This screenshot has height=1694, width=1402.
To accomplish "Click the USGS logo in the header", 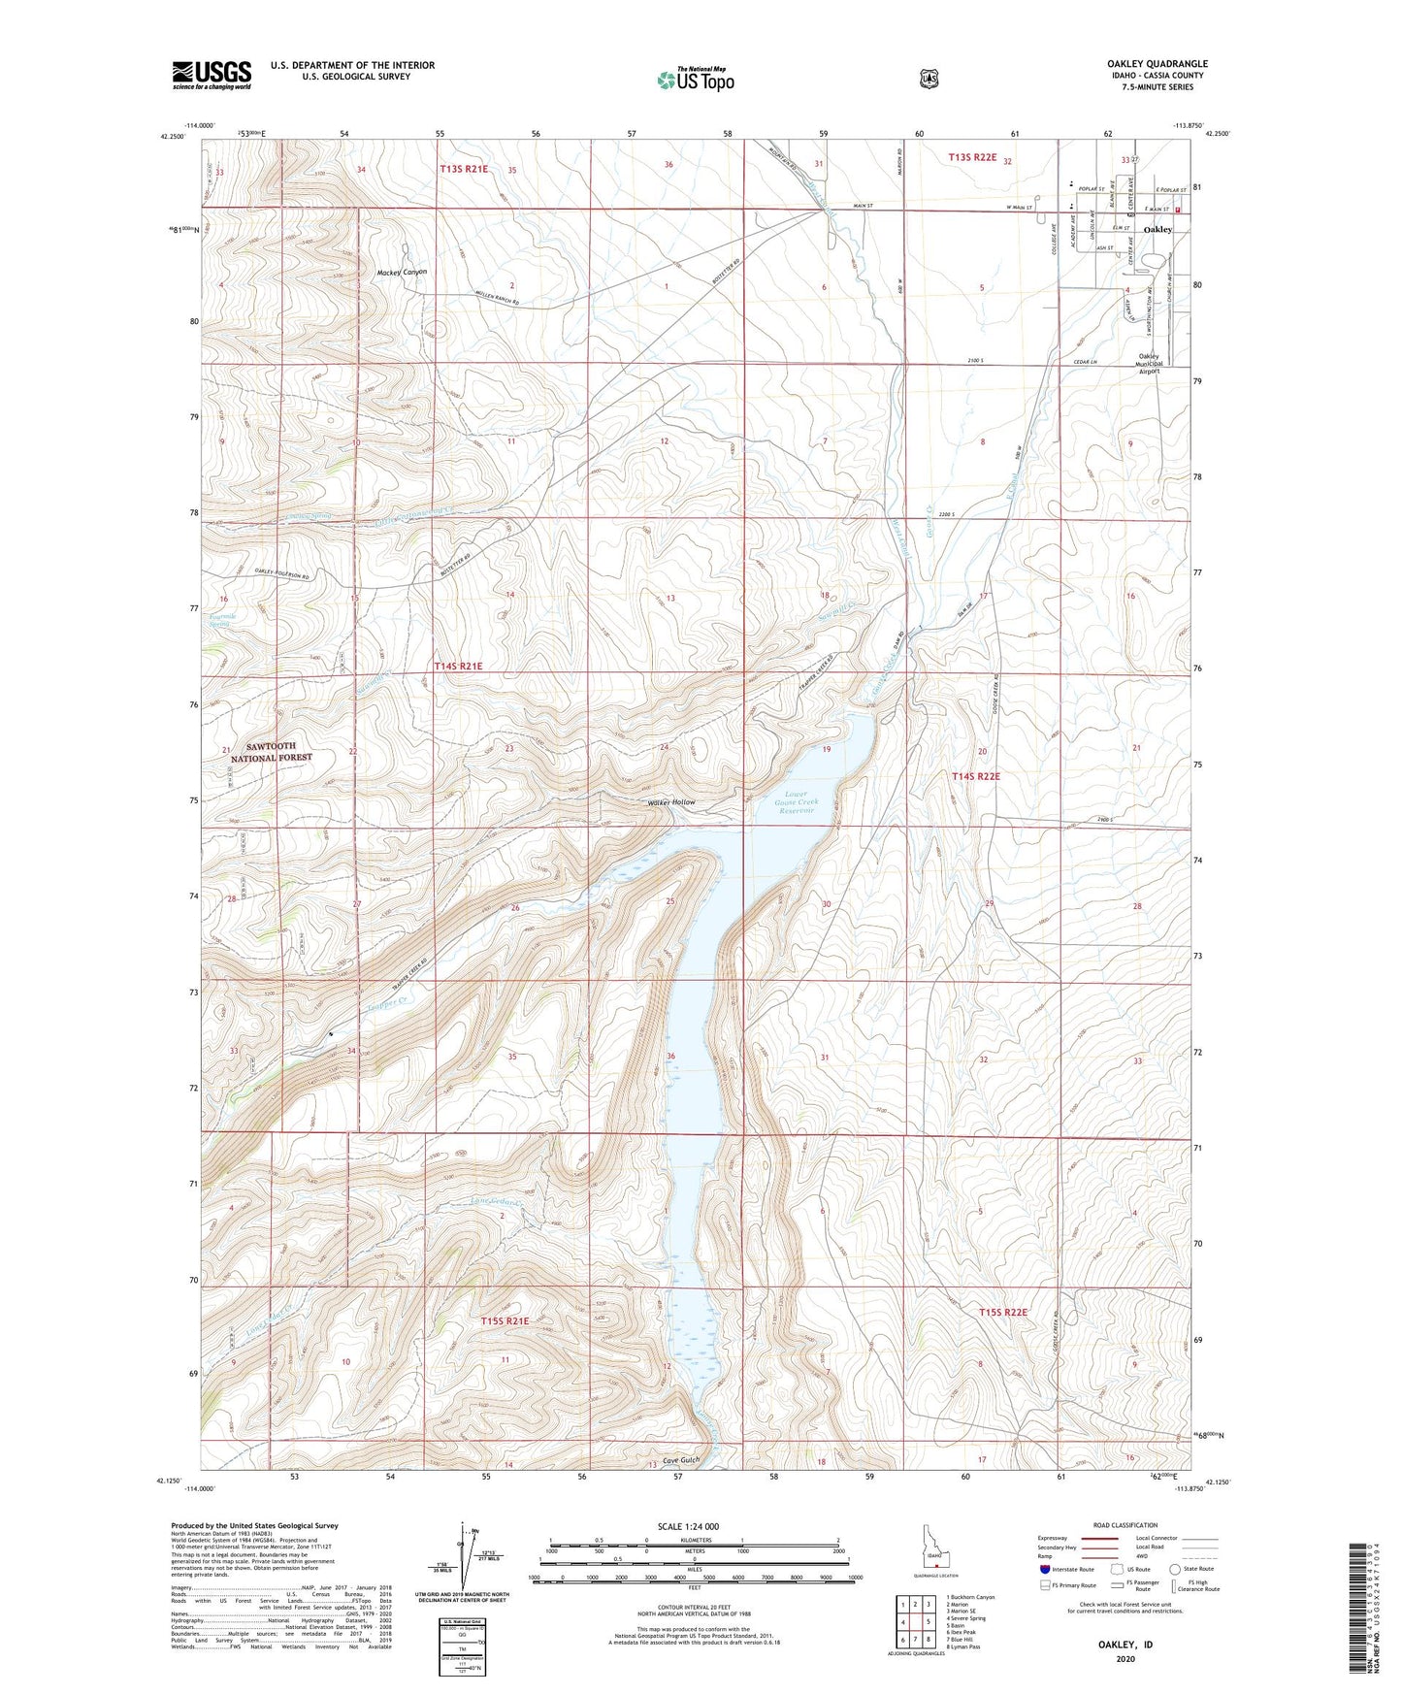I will pos(212,75).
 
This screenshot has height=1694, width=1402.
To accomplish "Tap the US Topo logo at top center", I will pos(695,80).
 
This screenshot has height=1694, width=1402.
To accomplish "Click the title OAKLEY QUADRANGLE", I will pos(1143,64).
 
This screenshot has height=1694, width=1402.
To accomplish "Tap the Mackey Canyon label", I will pos(402,273).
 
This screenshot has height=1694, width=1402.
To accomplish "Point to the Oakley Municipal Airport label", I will pos(1149,363).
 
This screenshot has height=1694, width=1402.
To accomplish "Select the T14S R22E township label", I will pos(975,776).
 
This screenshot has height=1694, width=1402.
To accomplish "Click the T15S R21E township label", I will pos(505,1320).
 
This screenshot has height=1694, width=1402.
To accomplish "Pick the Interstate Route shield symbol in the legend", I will pos(1044,1569).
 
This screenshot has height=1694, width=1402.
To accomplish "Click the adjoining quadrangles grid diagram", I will pos(915,1622).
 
